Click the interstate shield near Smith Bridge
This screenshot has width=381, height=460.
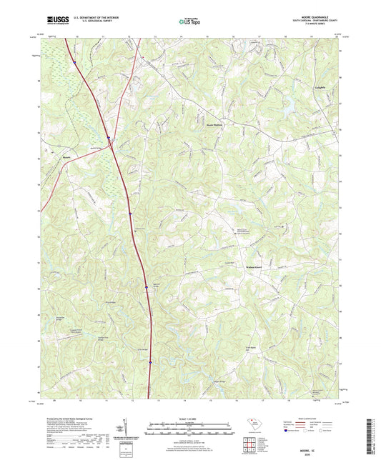(108, 139)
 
